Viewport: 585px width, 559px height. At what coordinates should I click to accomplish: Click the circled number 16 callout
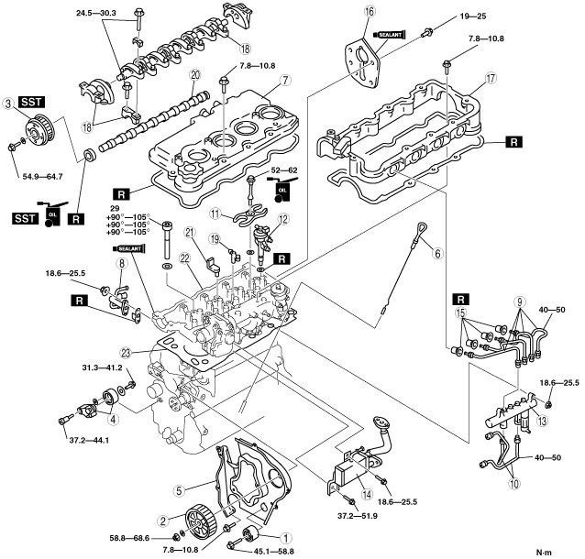coord(369,12)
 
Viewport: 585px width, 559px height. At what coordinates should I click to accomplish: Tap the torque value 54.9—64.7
coord(40,176)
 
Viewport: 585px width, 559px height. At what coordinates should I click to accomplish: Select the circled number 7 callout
coord(285,80)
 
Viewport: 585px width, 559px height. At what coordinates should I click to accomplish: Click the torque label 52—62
coord(283,170)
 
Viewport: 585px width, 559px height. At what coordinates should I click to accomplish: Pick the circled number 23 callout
coord(127,353)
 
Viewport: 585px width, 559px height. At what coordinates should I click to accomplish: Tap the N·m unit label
coord(544,552)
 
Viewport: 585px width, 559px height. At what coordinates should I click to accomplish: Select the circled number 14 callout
coord(367,495)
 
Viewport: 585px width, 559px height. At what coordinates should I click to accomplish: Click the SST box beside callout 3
coord(31,102)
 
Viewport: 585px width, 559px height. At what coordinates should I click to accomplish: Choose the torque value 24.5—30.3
coord(96,13)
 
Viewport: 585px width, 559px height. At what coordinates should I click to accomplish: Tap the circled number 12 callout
coord(283,220)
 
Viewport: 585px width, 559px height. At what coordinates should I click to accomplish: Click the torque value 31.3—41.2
coord(102,367)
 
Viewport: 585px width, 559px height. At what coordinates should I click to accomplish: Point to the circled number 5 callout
coord(179,491)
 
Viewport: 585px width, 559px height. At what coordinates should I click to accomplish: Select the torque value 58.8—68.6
coord(129,538)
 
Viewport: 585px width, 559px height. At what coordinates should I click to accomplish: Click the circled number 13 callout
coord(542,421)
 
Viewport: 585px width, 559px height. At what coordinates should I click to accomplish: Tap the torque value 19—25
coord(473,16)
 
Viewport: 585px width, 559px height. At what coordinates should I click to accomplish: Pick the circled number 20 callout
coord(194,74)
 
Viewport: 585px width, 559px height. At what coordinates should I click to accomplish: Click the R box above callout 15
coord(461,299)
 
